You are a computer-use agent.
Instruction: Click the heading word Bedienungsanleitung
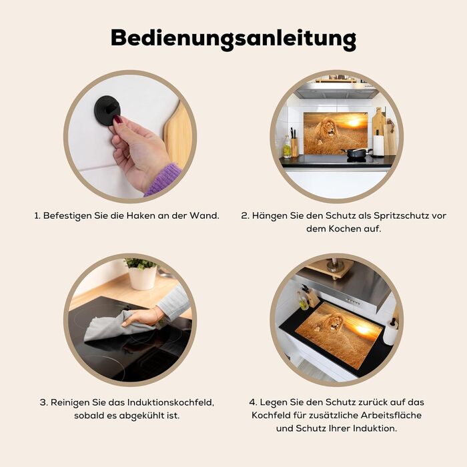[x=233, y=39]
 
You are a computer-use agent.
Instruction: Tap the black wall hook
[x=107, y=109]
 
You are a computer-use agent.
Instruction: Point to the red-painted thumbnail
[x=118, y=120]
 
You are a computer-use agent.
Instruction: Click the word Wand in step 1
[x=204, y=215]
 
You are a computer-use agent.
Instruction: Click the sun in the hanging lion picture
[x=354, y=122]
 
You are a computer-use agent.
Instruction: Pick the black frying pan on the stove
[x=356, y=153]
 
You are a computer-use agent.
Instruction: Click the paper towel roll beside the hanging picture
[x=378, y=145]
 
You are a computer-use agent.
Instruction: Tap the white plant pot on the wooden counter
[x=142, y=278]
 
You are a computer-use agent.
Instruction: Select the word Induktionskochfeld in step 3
[x=171, y=402]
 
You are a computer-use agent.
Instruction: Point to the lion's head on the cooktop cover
[x=332, y=322]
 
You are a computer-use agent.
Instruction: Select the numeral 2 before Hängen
[x=244, y=216]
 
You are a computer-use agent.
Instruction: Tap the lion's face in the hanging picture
[x=330, y=127]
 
